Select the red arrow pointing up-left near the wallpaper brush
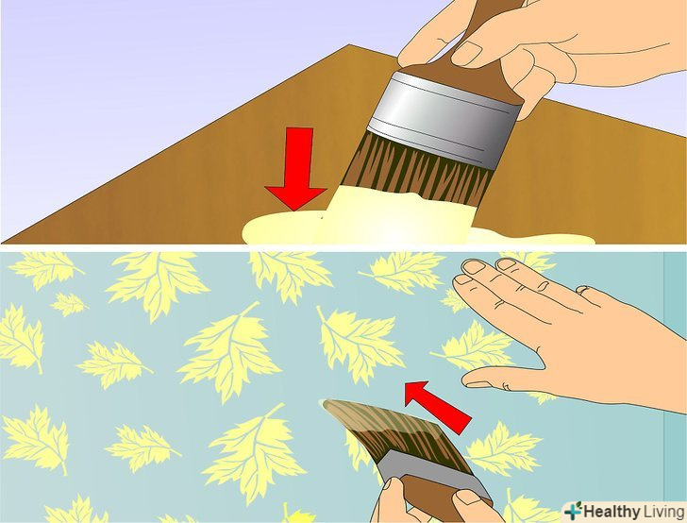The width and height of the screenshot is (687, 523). (437, 406)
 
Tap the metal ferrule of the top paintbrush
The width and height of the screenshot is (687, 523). (444, 118)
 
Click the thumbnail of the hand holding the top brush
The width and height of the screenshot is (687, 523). (467, 53)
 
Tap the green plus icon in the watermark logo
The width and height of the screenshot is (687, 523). (573, 511)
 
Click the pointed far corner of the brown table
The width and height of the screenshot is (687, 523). (349, 44)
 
